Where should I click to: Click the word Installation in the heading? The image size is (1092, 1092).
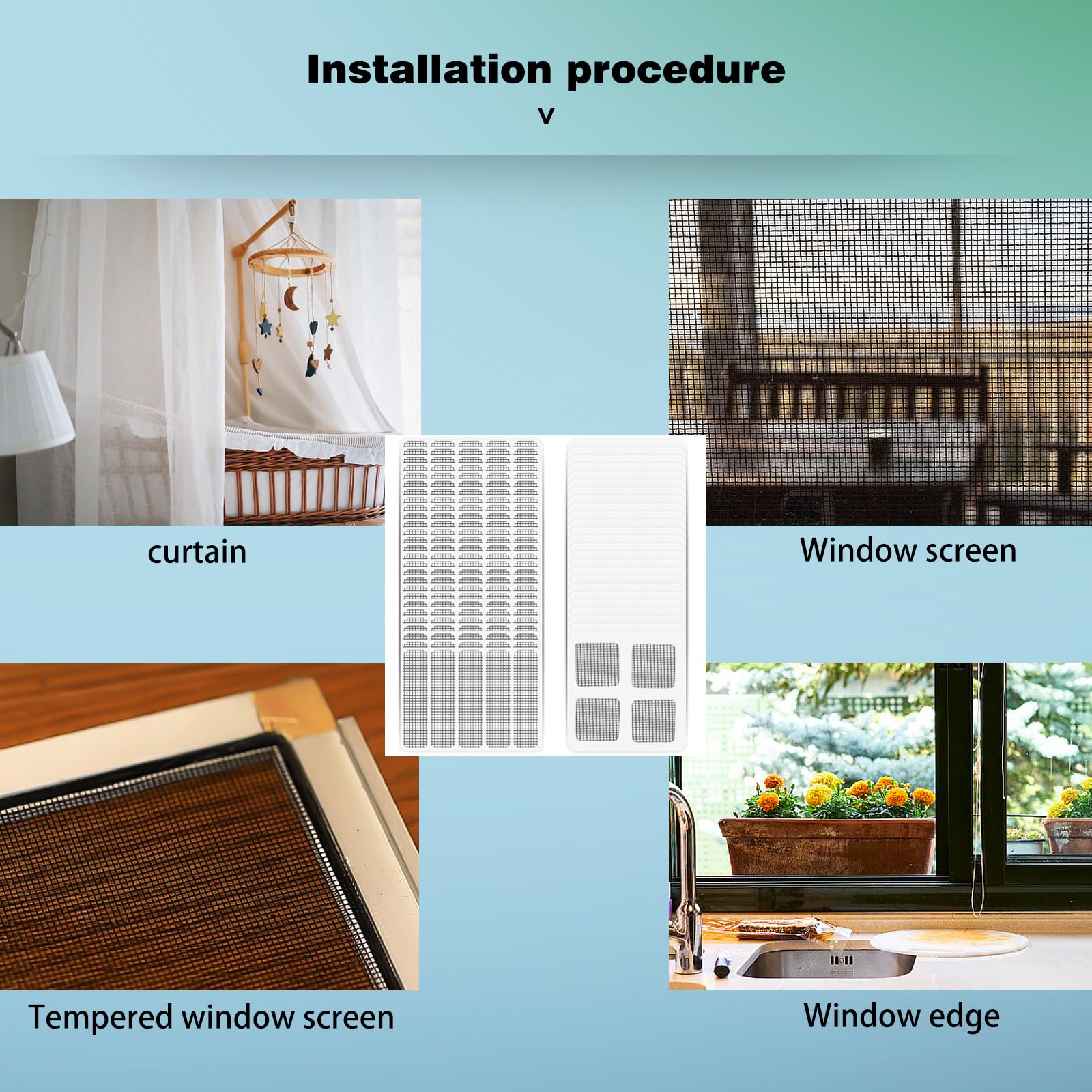(429, 70)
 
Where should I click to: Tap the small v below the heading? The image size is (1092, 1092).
(546, 115)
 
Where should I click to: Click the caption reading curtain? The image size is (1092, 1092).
(197, 552)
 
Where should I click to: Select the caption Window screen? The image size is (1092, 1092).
(908, 550)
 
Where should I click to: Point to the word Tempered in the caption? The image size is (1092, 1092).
(101, 1018)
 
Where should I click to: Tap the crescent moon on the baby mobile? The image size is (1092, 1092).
(291, 298)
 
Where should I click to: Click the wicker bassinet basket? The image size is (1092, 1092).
(304, 481)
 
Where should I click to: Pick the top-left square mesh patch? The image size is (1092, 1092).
(597, 665)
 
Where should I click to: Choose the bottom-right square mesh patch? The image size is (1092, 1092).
(653, 721)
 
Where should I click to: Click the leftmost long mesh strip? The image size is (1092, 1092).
(415, 697)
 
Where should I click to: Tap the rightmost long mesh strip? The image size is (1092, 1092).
(526, 697)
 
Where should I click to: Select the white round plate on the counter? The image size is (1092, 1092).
(949, 941)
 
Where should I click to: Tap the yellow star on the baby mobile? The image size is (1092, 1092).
(332, 318)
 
